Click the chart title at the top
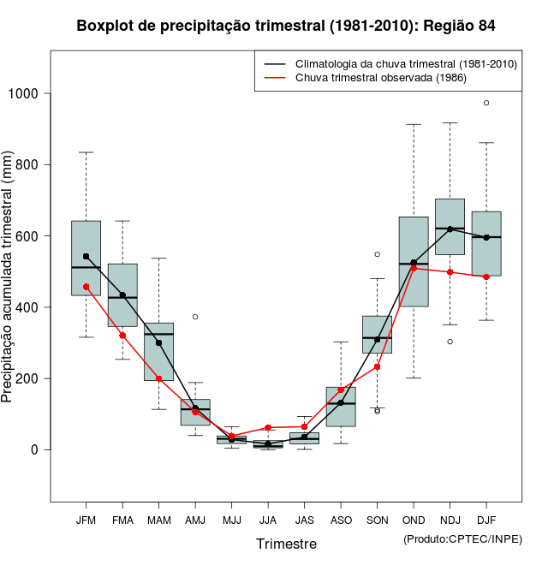[x=285, y=26]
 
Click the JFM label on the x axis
[x=86, y=520]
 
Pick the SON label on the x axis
[x=377, y=520]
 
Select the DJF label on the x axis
[x=486, y=520]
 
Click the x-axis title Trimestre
[x=286, y=544]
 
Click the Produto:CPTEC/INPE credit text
[x=462, y=538]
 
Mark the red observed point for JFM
[x=86, y=287]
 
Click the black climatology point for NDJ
[x=450, y=229]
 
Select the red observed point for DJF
[x=486, y=277]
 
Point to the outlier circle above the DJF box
[x=486, y=103]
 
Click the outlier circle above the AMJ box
[x=195, y=317]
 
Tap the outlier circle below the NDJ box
[x=450, y=342]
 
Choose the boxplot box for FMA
[x=122, y=295]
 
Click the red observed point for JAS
[x=304, y=426]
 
